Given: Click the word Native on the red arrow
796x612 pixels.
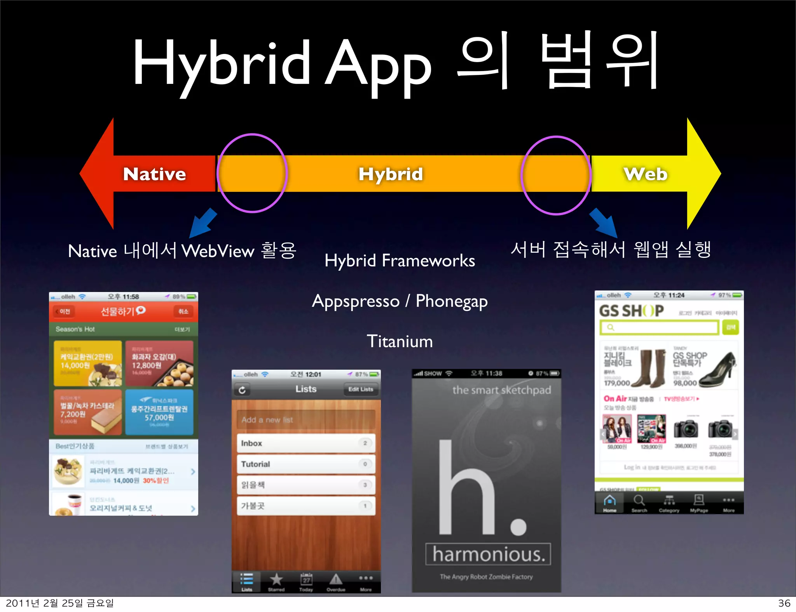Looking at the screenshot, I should click(x=155, y=174).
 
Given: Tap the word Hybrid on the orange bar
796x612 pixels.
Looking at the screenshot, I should click(x=390, y=174).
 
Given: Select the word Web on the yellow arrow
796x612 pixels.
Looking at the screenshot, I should click(x=646, y=174).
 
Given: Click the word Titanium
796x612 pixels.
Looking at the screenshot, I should click(x=400, y=341).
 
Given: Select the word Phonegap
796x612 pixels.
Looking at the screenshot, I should click(x=452, y=301).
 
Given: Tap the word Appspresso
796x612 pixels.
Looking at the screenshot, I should click(x=356, y=301).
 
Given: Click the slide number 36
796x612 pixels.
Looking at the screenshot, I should click(x=784, y=603).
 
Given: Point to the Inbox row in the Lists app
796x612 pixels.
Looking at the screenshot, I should click(x=305, y=443).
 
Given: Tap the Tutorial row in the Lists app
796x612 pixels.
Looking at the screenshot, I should click(x=305, y=464).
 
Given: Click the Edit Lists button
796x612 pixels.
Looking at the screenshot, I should click(x=361, y=389).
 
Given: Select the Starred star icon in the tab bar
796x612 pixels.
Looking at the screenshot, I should click(x=276, y=580).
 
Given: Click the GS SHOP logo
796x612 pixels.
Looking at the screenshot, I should click(x=631, y=311).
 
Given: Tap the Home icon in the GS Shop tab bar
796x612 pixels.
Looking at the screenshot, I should click(x=609, y=501).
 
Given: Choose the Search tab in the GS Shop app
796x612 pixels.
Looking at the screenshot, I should click(x=639, y=503).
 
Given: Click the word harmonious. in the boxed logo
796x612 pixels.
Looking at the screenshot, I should click(x=488, y=554).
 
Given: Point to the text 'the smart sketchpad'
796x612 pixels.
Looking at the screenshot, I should click(x=501, y=390).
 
